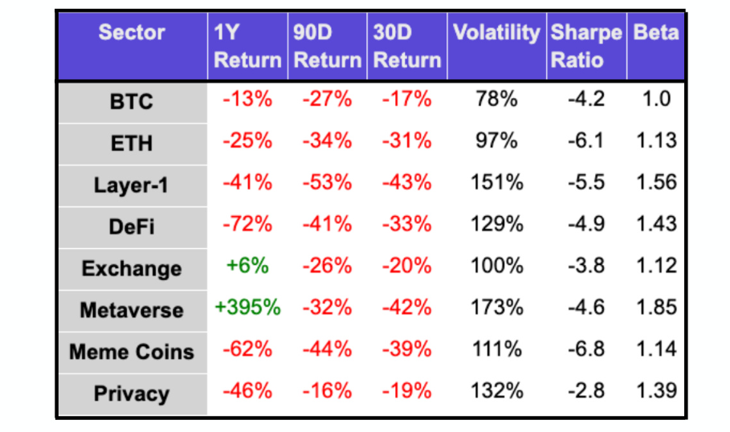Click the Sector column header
click(131, 33)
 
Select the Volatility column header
click(496, 33)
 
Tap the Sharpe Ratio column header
click(585, 47)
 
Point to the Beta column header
click(655, 33)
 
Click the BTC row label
click(131, 102)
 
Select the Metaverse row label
click(131, 310)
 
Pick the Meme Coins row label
click(131, 352)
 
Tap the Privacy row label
click(131, 393)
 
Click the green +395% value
click(247, 308)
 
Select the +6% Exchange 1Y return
click(247, 266)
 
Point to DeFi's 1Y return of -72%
click(247, 224)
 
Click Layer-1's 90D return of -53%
click(327, 182)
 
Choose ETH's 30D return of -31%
click(406, 141)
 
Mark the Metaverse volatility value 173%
click(496, 308)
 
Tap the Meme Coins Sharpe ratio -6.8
click(585, 349)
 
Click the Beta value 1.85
click(655, 308)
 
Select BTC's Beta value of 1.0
click(655, 100)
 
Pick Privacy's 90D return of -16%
click(327, 391)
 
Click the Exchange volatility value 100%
click(496, 266)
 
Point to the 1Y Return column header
click(247, 47)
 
